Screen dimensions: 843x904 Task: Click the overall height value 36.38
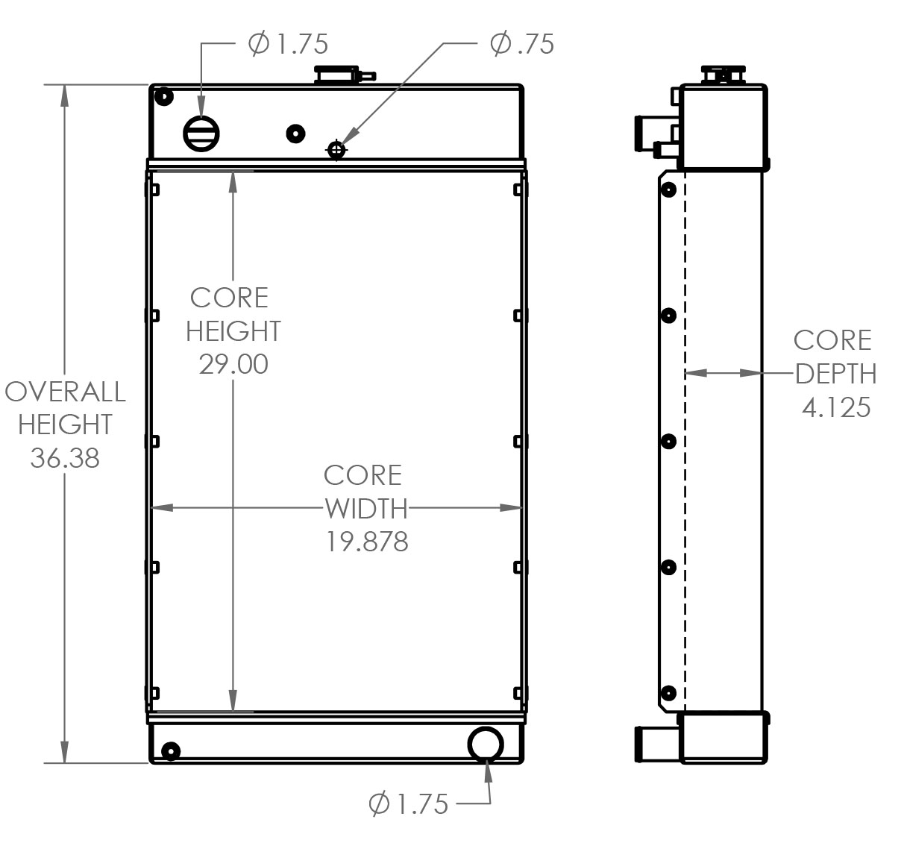[65, 458]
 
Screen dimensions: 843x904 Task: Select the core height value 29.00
[233, 364]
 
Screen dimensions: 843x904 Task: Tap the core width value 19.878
[367, 542]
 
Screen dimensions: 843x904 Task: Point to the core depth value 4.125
[836, 407]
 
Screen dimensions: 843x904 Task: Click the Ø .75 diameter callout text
[522, 44]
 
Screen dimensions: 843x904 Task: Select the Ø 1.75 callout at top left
[288, 44]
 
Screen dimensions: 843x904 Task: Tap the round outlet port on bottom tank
[486, 743]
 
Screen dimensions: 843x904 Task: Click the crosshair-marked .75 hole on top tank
[337, 151]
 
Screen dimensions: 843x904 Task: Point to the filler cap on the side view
[723, 75]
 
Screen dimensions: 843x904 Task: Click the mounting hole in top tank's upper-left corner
[162, 96]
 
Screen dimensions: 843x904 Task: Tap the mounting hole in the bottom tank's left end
[171, 750]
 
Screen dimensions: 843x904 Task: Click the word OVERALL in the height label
[65, 392]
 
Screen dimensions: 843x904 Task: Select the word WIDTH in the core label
[367, 509]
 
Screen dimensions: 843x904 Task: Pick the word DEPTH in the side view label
[835, 374]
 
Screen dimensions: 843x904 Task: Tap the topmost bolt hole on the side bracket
[669, 189]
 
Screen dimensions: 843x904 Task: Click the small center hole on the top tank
[296, 134]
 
